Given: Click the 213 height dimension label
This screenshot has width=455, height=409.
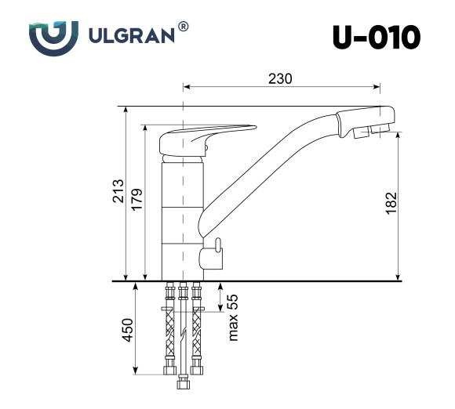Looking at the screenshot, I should (x=118, y=193).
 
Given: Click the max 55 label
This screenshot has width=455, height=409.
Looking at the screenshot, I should (x=232, y=317).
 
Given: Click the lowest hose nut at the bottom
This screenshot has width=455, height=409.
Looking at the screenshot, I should (x=183, y=383).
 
